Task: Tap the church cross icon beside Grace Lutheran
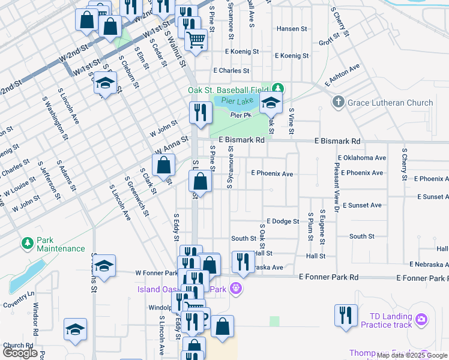(x=339, y=103)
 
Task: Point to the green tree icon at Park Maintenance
(x=27, y=242)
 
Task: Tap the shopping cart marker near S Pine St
(x=196, y=40)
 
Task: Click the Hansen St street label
(x=291, y=29)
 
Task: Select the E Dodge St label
(x=283, y=221)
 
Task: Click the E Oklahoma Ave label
(x=362, y=158)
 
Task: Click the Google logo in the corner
(x=20, y=353)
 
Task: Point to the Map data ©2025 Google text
(x=411, y=355)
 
